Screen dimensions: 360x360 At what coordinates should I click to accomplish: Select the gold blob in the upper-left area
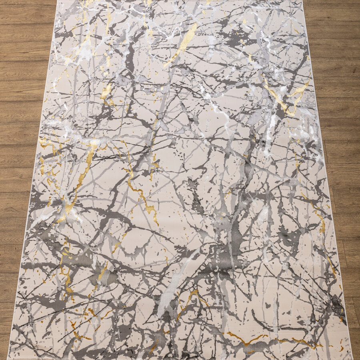point(106,92)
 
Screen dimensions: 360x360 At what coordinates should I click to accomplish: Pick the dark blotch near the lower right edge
point(336,304)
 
